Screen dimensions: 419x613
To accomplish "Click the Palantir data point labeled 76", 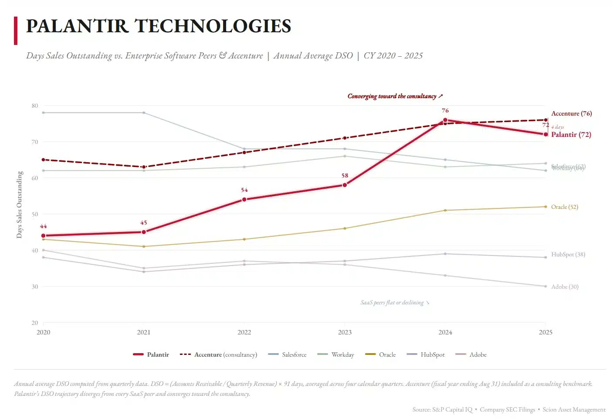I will tap(445, 120).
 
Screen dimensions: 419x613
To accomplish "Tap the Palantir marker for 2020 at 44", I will tap(43, 235).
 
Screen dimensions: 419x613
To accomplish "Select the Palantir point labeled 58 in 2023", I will tap(345, 185).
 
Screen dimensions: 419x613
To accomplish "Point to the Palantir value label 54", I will tap(244, 190).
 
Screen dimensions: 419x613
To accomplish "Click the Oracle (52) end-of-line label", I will tap(564, 207).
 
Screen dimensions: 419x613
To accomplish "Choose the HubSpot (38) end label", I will tap(568, 254).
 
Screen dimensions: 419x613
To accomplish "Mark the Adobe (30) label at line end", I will tap(565, 286).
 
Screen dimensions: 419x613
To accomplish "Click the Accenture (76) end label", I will tap(571, 113).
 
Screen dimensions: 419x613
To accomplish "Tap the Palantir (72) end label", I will tap(571, 134).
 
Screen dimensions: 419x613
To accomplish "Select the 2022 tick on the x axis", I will tap(244, 332).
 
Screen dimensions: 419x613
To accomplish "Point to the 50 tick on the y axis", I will tap(35, 214).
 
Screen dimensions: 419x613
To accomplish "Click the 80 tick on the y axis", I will tap(35, 106).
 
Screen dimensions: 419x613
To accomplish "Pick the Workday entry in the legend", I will tap(342, 354).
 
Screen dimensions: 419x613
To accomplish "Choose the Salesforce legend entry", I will tap(294, 354).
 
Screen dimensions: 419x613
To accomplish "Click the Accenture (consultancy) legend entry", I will tap(225, 354).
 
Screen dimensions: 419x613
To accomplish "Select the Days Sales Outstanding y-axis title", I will tap(19, 205).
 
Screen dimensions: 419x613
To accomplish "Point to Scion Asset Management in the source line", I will tap(574, 409).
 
